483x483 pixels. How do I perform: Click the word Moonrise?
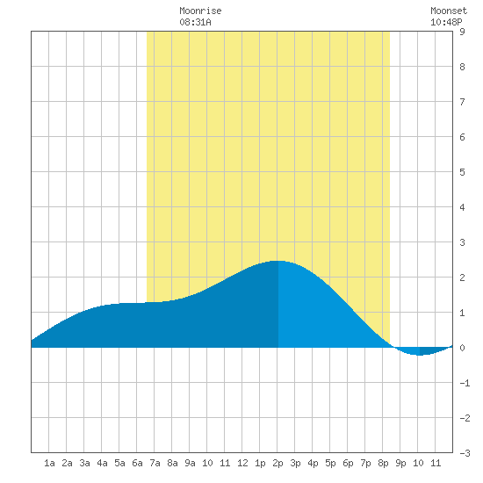click(x=200, y=11)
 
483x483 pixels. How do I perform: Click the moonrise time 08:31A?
click(x=195, y=22)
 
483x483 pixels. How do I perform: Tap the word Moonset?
click(x=449, y=11)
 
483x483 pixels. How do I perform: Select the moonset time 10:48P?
click(x=446, y=22)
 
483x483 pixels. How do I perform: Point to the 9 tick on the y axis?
click(x=462, y=32)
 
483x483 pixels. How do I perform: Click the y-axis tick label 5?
click(x=462, y=172)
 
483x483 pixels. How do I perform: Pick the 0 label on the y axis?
click(x=462, y=348)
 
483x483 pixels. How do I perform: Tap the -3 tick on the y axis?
click(x=465, y=453)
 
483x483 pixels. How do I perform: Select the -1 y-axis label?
click(x=465, y=383)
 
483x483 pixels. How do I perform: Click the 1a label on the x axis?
click(x=49, y=463)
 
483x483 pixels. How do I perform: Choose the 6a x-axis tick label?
click(x=137, y=463)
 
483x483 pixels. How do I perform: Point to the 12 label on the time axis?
click(x=242, y=463)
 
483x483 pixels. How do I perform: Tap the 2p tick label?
click(x=278, y=463)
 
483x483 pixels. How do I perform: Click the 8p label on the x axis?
click(x=383, y=463)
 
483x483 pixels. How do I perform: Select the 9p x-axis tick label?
click(x=400, y=463)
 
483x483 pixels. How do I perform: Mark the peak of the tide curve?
click(x=278, y=261)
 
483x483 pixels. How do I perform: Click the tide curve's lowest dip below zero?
click(x=419, y=355)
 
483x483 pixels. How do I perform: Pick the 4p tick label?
click(x=313, y=463)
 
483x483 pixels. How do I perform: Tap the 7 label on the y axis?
click(x=462, y=102)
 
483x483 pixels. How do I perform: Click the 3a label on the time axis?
click(x=84, y=463)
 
